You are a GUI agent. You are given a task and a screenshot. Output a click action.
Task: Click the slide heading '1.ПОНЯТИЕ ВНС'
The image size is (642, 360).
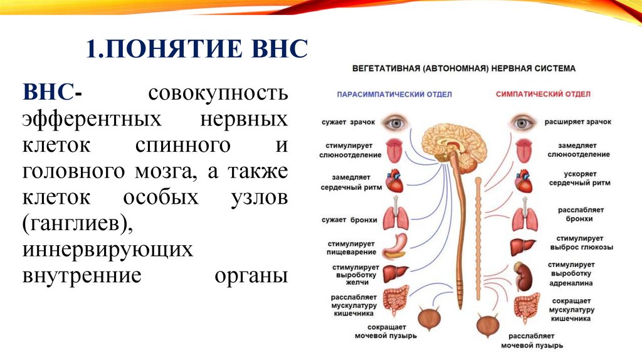point(197,49)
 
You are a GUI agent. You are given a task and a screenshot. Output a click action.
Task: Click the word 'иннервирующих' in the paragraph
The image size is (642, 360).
point(108,250)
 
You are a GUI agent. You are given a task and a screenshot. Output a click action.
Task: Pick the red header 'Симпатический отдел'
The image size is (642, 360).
point(543,94)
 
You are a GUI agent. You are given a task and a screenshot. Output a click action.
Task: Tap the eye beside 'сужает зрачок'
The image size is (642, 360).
point(394,122)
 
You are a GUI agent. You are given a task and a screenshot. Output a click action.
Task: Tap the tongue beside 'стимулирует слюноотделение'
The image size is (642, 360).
point(394,151)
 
